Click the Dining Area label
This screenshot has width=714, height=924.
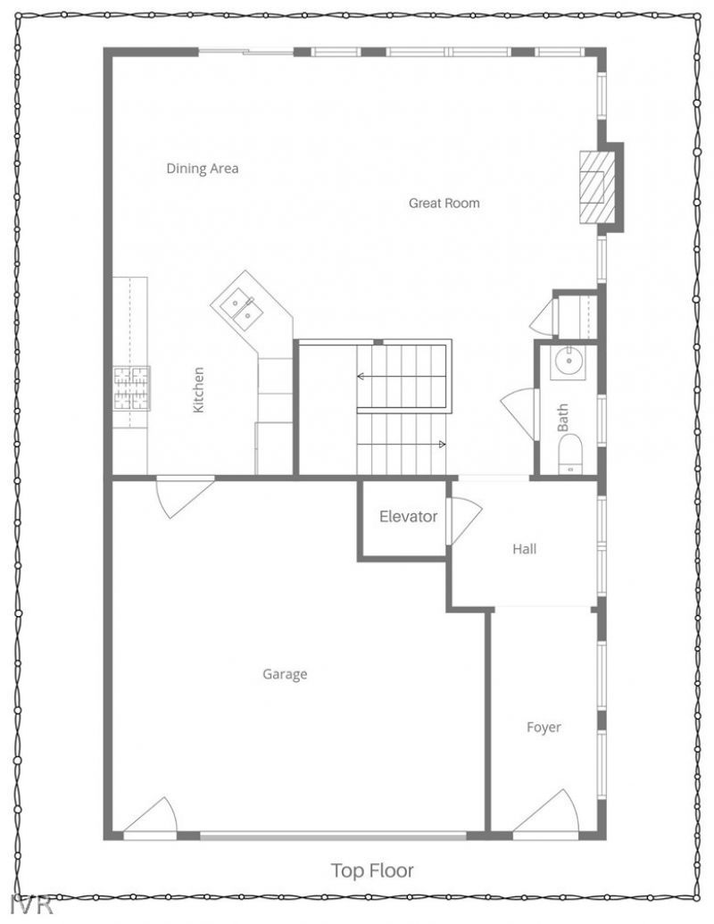click(x=203, y=168)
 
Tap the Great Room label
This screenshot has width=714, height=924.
click(x=444, y=203)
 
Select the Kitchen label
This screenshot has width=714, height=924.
click(x=199, y=389)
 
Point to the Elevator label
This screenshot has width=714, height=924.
click(x=408, y=516)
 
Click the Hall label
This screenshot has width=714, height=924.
click(x=524, y=549)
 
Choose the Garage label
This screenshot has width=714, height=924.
click(x=285, y=674)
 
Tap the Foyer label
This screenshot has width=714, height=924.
click(x=544, y=727)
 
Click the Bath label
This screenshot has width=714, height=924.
click(x=563, y=418)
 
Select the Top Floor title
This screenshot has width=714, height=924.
click(x=372, y=870)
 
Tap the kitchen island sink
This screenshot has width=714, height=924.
click(x=241, y=310)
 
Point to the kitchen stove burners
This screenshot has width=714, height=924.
click(x=131, y=388)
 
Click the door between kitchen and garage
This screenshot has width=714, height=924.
click(x=183, y=495)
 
